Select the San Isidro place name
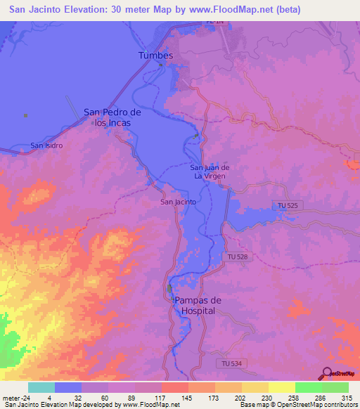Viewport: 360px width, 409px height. [x=46, y=145]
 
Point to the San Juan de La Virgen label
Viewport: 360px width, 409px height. [x=210, y=171]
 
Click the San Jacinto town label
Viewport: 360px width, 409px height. [x=178, y=202]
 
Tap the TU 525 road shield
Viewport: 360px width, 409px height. [x=285, y=204]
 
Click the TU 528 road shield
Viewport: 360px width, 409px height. [x=237, y=258]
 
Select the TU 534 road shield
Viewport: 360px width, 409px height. [x=225, y=363]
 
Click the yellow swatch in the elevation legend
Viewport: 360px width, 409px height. [x=282, y=387]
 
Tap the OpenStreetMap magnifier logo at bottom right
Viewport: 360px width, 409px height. [x=327, y=373]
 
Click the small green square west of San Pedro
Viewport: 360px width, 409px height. [x=26, y=115]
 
